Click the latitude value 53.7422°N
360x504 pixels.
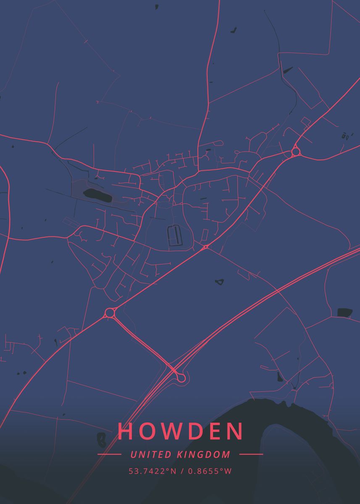coord(152,471)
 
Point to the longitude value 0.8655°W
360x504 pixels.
coord(210,471)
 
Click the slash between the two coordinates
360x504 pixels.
coord(182,471)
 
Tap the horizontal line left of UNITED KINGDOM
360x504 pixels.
coord(109,454)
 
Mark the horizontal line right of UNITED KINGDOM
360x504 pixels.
coord(251,454)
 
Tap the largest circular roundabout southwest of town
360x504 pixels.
coord(110,313)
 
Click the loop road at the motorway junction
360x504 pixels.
coord(181,378)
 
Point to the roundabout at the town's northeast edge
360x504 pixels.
coord(295,151)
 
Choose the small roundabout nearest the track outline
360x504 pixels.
coord(205,247)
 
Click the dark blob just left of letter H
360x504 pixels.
coord(101,439)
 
